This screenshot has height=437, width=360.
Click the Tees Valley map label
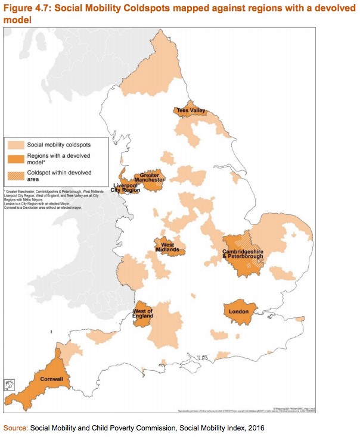point(190,110)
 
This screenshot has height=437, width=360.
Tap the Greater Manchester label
point(149,177)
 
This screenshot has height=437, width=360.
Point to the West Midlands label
point(167,247)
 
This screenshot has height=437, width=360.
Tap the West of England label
point(143,314)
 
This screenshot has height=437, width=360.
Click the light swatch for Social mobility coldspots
point(16,144)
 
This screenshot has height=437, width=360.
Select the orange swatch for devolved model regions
point(16,157)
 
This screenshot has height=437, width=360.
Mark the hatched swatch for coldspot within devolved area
point(16,173)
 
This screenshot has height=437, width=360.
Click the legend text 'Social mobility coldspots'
point(58,144)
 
